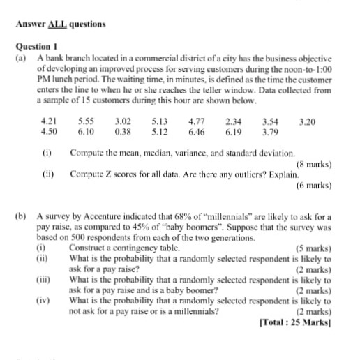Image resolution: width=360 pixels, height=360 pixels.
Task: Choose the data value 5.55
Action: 87,121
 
